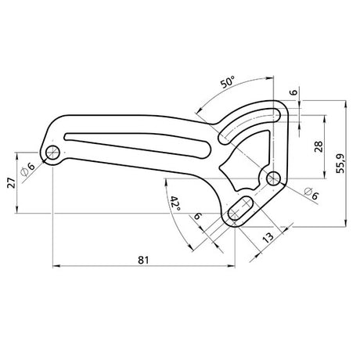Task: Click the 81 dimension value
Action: coord(143,260)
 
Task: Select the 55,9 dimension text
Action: coord(340,164)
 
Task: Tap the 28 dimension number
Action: coord(319,146)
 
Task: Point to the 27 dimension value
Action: coord(12,183)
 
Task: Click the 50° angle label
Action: coord(228,82)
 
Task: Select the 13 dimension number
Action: coord(268,237)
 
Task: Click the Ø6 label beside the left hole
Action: coord(27,169)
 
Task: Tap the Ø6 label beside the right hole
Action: coord(311,193)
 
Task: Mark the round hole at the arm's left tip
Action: coord(52,153)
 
